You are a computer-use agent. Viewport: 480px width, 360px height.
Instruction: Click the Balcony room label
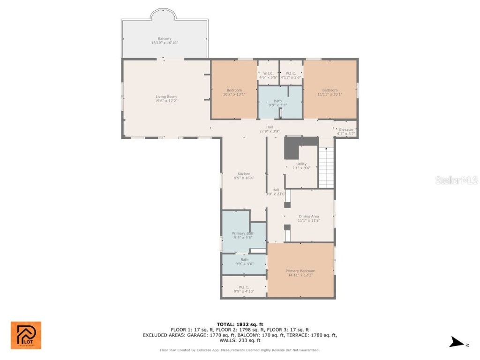pyautogui.click(x=164, y=40)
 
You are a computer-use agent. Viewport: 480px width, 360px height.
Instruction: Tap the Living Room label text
pyautogui.click(x=166, y=98)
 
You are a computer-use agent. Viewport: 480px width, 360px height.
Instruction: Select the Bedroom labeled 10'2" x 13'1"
pyautogui.click(x=234, y=92)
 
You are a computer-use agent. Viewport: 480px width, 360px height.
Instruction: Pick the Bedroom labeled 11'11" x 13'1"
pyautogui.click(x=330, y=92)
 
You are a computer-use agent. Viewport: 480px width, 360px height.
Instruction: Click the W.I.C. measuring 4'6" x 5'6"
pyautogui.click(x=268, y=75)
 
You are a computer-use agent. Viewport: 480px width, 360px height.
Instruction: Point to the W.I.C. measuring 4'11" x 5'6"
pyautogui.click(x=291, y=75)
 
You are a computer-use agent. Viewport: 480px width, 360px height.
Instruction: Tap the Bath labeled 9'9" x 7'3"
pyautogui.click(x=278, y=103)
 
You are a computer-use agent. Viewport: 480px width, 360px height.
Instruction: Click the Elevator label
pyautogui.click(x=346, y=131)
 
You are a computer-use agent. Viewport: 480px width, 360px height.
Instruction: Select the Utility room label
pyautogui.click(x=301, y=165)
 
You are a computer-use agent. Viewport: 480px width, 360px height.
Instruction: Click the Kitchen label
pyautogui.click(x=244, y=176)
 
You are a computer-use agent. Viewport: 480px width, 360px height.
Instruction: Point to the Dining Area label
pyautogui.click(x=309, y=218)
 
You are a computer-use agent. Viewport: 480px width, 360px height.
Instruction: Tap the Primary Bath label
pyautogui.click(x=243, y=235)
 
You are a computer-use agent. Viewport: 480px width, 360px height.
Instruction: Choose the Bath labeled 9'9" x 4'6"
pyautogui.click(x=244, y=262)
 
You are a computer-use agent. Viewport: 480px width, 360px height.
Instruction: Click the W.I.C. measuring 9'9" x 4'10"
pyautogui.click(x=244, y=289)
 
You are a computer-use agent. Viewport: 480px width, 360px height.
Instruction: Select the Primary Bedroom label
pyautogui.click(x=300, y=273)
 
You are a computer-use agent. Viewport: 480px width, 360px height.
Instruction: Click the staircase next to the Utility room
pyautogui.click(x=326, y=167)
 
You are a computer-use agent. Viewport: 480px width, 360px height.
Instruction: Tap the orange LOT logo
pyautogui.click(x=26, y=335)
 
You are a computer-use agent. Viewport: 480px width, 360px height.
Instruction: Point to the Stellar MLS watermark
pyautogui.click(x=456, y=180)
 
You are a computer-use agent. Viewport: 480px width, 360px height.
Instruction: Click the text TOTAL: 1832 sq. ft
pyautogui.click(x=240, y=324)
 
